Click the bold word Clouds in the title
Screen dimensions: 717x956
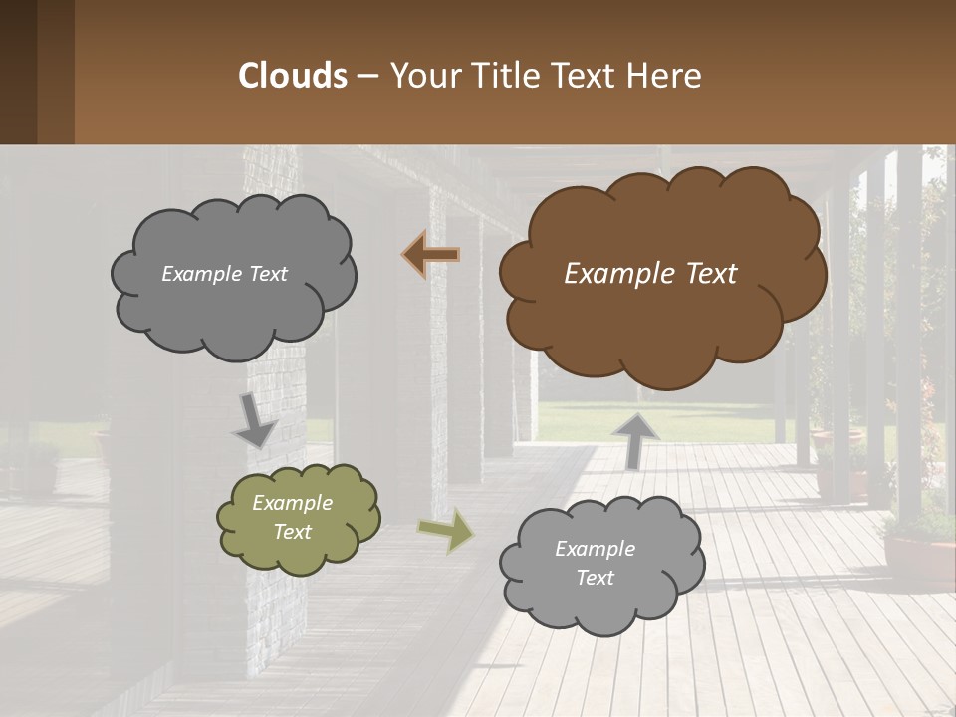[x=293, y=76]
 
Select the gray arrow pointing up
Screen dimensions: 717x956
[x=635, y=439]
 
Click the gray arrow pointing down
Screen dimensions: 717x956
[x=255, y=422]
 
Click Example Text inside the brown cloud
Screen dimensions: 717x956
[x=650, y=274]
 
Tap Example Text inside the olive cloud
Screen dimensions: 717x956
[x=292, y=518]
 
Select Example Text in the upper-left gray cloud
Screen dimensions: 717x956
[x=224, y=274]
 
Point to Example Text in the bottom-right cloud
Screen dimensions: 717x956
[x=595, y=563]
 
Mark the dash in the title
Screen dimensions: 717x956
[x=366, y=77]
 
